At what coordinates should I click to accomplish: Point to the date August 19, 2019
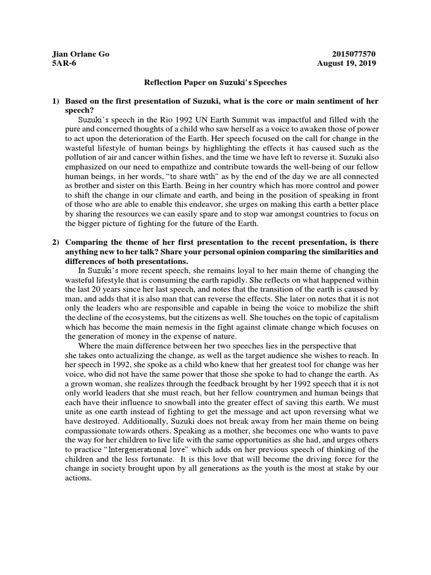(x=346, y=63)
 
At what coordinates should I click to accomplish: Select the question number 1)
(x=56, y=101)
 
